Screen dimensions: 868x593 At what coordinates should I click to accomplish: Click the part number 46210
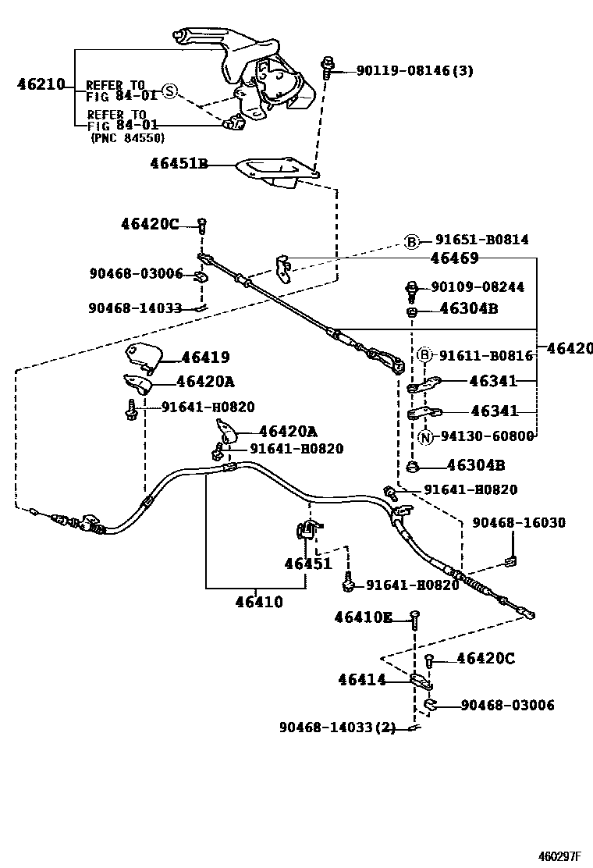(41, 84)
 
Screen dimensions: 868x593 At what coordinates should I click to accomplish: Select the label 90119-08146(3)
(414, 71)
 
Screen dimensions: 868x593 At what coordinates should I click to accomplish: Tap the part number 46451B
(179, 164)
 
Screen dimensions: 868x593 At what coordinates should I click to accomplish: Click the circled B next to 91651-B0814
(411, 240)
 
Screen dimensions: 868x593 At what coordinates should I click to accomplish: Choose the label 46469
(454, 258)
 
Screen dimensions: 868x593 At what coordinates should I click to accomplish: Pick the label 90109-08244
(478, 287)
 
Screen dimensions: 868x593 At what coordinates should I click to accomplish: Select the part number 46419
(205, 358)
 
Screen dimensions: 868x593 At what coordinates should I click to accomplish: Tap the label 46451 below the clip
(307, 564)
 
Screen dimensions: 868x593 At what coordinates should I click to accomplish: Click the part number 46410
(258, 602)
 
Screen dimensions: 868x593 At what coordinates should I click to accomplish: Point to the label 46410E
(364, 617)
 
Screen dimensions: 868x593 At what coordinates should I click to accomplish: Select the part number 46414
(362, 680)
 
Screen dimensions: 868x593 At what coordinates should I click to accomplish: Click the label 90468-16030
(519, 522)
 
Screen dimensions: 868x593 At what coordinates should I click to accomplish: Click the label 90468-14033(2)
(337, 727)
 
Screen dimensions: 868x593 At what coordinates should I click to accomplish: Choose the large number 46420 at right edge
(570, 348)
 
